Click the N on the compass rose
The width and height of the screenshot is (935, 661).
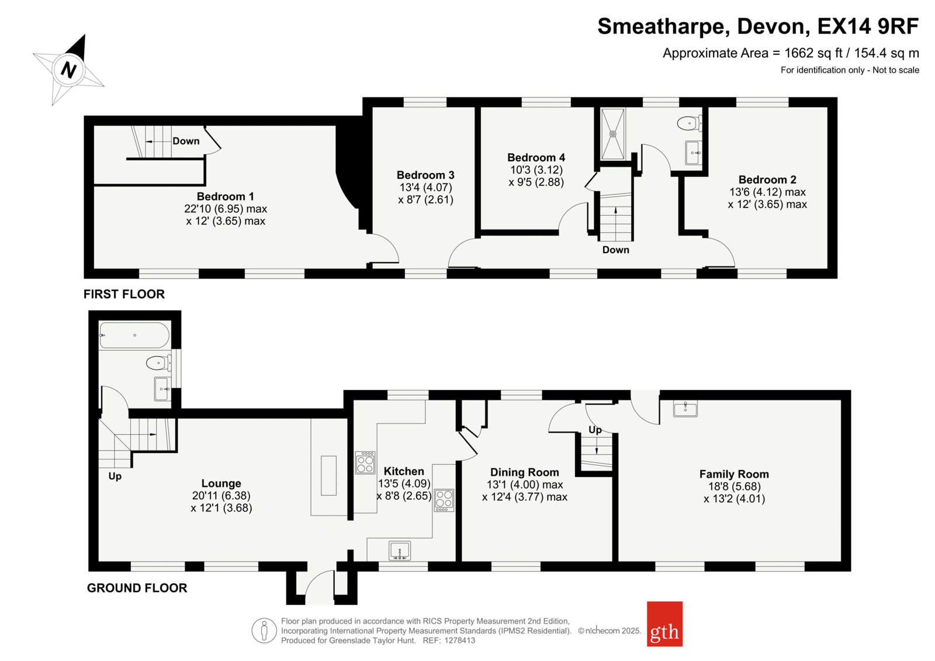[x=69, y=70]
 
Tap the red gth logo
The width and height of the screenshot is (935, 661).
[x=664, y=624]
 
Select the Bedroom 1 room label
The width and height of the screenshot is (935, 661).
[x=226, y=196]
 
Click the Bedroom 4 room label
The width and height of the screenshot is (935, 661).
[x=536, y=157]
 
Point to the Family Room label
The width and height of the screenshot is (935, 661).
[x=734, y=474]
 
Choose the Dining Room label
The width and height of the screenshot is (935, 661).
[x=524, y=472]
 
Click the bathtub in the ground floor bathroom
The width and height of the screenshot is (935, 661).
[x=134, y=335]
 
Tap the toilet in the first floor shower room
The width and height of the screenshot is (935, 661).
[x=689, y=123]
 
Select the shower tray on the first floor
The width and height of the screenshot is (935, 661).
[x=613, y=134]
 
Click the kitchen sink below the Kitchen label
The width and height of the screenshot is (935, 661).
[x=400, y=551]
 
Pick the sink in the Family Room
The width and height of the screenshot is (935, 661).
[x=685, y=408]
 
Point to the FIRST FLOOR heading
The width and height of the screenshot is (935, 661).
[x=124, y=295]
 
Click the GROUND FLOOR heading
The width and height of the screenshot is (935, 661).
[x=137, y=588]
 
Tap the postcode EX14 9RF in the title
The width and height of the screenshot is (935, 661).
[x=868, y=26]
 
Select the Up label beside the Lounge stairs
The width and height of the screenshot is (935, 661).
[x=115, y=476]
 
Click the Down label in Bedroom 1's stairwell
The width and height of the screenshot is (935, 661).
[x=186, y=141]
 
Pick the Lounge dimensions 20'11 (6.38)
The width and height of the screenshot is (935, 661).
[x=221, y=496]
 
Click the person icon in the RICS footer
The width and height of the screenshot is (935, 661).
[x=264, y=631]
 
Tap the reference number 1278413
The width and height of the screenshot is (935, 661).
[x=459, y=641]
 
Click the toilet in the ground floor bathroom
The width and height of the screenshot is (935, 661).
[x=158, y=363]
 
